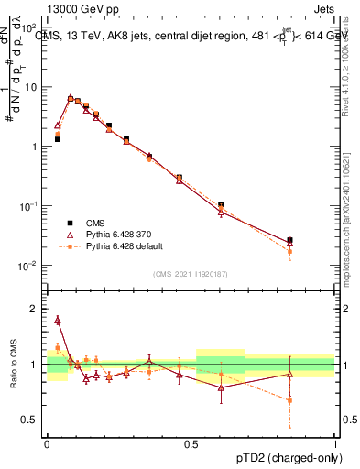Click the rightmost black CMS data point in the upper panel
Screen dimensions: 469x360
coord(289,240)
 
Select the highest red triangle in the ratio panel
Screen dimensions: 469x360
coord(58,320)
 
